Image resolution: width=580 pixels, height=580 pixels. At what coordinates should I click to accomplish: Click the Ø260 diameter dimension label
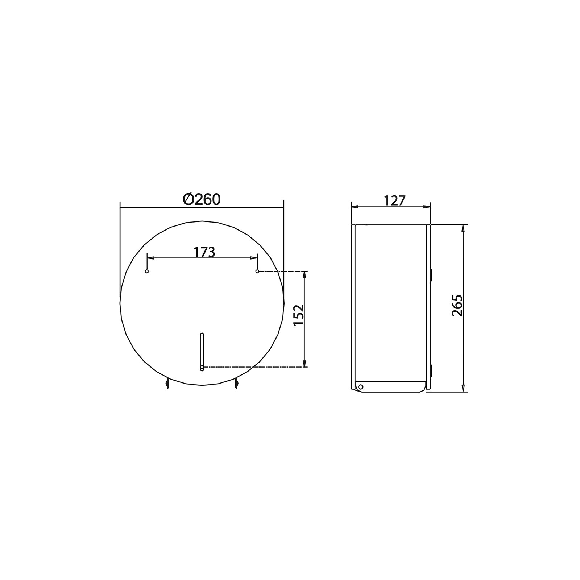(202, 199)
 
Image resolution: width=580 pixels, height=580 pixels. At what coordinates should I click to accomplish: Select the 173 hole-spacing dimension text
(204, 252)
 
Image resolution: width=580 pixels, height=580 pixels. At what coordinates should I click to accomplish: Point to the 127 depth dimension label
(394, 200)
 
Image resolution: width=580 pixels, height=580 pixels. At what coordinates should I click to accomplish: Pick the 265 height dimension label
(458, 305)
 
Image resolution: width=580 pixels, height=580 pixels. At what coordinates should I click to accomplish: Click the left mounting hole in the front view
(147, 272)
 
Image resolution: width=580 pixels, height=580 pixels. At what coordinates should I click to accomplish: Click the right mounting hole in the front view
(257, 271)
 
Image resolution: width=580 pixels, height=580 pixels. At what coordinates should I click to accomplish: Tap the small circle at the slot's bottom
(202, 367)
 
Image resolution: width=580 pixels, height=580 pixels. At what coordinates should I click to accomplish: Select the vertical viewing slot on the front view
(202, 352)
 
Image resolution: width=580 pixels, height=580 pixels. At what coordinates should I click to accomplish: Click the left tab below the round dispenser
(167, 383)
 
